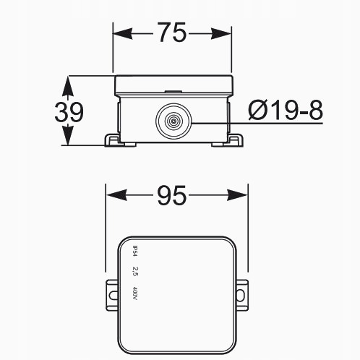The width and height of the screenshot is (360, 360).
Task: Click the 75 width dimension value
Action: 173,33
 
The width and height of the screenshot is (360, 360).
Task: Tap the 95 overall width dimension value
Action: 171,195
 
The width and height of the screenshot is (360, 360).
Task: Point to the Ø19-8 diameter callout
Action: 284,111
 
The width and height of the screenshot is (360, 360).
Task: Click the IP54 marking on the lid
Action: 134,251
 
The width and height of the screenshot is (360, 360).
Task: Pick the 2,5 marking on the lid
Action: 134,272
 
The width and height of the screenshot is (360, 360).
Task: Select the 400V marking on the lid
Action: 134,293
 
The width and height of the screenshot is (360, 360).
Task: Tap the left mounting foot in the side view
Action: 113,139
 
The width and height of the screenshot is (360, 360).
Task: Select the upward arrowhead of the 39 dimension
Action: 68,83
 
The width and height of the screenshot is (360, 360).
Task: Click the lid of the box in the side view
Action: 173,86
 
